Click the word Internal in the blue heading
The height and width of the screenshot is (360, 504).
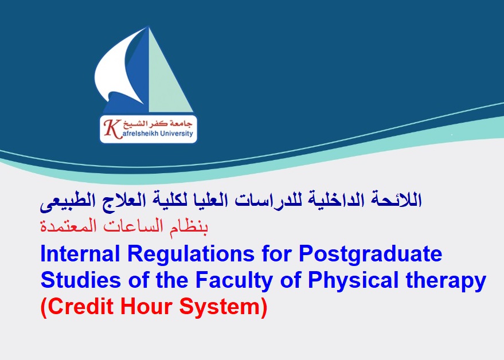[80, 253]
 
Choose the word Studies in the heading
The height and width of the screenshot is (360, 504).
[81, 280]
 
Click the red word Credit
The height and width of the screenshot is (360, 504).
[80, 307]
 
